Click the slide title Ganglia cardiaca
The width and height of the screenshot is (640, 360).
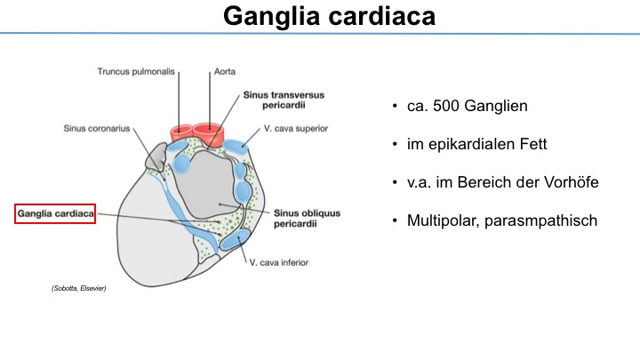pos(329,16)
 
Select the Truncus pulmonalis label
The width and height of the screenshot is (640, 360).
pos(136,72)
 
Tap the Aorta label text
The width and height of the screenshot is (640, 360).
pos(225,71)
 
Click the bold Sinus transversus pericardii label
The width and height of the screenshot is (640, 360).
pos(284,100)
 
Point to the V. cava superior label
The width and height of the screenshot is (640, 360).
pos(296,129)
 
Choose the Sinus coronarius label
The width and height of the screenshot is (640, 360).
pos(97,129)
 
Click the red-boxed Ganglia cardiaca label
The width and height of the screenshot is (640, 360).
pos(55,213)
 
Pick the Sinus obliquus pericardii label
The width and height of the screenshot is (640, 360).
pos(307,219)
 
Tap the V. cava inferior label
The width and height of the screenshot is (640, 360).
pos(279,262)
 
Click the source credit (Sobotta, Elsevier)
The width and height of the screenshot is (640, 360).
pos(79,288)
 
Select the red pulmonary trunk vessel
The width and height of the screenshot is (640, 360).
pos(181,133)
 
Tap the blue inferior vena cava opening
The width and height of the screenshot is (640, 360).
pos(235,240)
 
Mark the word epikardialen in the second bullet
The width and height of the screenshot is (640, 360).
pos(471,145)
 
